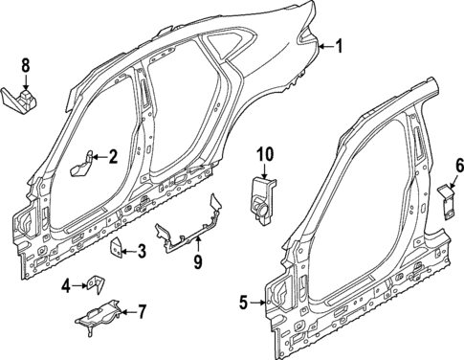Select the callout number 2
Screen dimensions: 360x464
112,156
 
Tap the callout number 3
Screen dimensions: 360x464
142,251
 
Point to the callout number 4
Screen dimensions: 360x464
67,284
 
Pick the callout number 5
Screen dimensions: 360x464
243,304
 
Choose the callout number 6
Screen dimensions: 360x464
458,166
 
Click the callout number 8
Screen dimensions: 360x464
26,65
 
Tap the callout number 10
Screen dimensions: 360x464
264,153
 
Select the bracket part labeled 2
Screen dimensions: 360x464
83,164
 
